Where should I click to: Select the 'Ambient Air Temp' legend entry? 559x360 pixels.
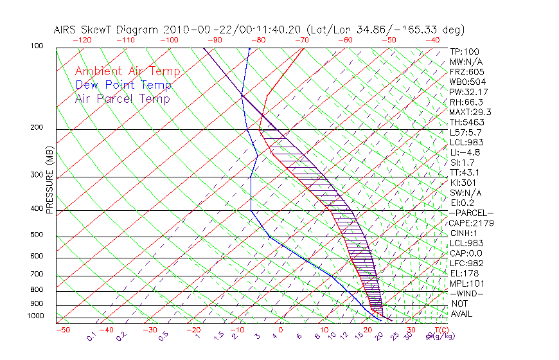click(127, 71)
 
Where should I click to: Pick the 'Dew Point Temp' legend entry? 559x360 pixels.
click(123, 85)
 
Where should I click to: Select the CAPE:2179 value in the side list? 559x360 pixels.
click(469, 223)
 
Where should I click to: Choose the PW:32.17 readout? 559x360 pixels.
click(468, 92)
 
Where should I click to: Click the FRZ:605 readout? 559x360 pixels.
click(466, 71)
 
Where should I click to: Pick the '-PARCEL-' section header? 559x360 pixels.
click(471, 213)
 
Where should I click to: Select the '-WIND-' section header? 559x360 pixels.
click(466, 293)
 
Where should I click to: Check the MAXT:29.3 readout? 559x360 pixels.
click(469, 112)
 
